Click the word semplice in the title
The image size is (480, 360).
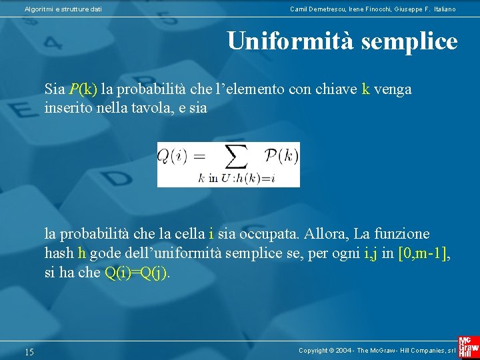409,41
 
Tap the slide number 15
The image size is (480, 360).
29,351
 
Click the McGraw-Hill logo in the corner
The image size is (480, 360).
469,347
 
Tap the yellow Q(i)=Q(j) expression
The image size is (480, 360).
137,273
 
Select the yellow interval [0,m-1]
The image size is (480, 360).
423,253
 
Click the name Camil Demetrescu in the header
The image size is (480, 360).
317,9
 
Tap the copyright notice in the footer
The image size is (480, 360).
377,351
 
